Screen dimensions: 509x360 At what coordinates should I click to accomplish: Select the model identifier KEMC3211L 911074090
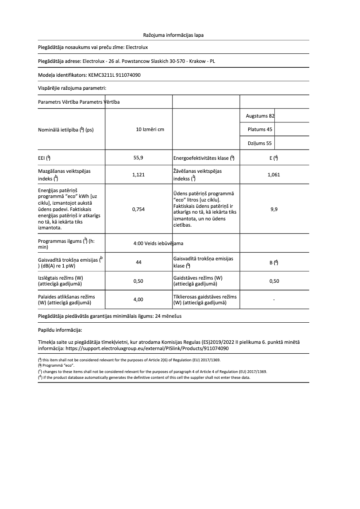(x=114, y=75)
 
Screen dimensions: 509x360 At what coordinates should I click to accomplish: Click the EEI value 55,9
(x=138, y=158)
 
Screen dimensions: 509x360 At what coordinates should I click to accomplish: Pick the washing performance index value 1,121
(x=138, y=175)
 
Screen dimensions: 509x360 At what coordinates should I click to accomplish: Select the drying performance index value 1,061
(x=273, y=175)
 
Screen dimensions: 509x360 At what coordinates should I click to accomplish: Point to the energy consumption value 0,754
(x=138, y=209)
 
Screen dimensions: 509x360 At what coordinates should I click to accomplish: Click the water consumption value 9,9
(x=273, y=209)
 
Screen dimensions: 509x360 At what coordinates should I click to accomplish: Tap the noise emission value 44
(x=138, y=263)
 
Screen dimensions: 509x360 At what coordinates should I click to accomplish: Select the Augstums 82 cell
(x=260, y=116)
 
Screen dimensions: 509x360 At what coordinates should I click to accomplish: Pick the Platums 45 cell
(x=260, y=130)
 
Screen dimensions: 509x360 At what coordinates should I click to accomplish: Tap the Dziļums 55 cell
(x=260, y=144)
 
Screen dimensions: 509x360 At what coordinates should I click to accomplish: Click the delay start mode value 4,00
(x=138, y=299)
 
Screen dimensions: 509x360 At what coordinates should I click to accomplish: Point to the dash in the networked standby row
(x=274, y=299)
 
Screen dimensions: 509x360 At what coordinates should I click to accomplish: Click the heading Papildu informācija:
(x=60, y=330)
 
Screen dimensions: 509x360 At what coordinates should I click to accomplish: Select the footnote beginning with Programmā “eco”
(x=58, y=366)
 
